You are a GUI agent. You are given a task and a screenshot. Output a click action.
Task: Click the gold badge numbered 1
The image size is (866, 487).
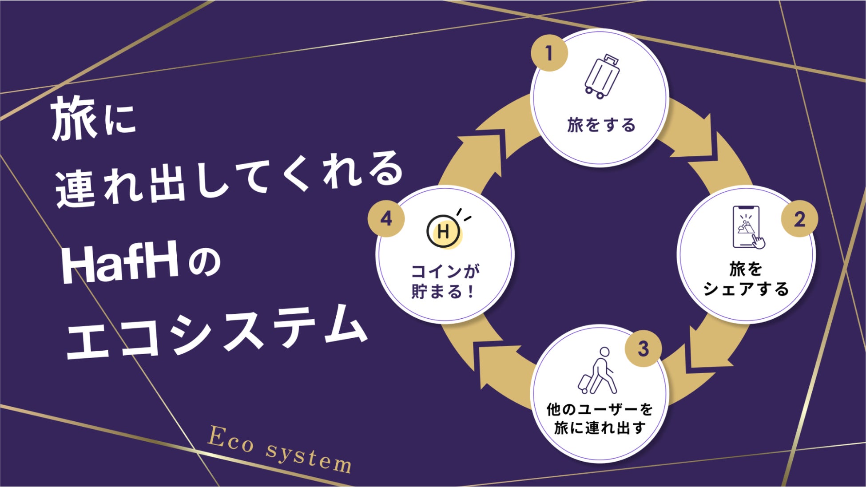pyautogui.click(x=549, y=53)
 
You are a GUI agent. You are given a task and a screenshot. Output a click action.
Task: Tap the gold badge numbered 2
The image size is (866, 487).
pyautogui.click(x=799, y=219)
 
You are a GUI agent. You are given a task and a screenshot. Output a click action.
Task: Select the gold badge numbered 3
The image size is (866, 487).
pyautogui.click(x=643, y=349)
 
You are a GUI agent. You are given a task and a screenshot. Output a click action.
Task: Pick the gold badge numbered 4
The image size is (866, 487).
pyautogui.click(x=386, y=219)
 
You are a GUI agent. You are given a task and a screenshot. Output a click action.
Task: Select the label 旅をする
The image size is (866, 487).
pyautogui.click(x=601, y=126)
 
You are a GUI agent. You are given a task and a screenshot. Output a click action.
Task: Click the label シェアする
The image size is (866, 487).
pyautogui.click(x=746, y=289)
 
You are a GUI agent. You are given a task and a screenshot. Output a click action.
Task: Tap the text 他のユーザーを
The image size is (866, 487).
pyautogui.click(x=600, y=409)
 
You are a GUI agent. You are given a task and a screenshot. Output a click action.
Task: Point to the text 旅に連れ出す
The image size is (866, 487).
pyautogui.click(x=600, y=428)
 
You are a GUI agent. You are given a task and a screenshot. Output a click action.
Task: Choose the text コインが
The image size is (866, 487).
pyautogui.click(x=445, y=271)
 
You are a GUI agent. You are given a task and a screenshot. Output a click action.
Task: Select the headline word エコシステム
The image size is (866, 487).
pyautogui.click(x=217, y=333)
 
